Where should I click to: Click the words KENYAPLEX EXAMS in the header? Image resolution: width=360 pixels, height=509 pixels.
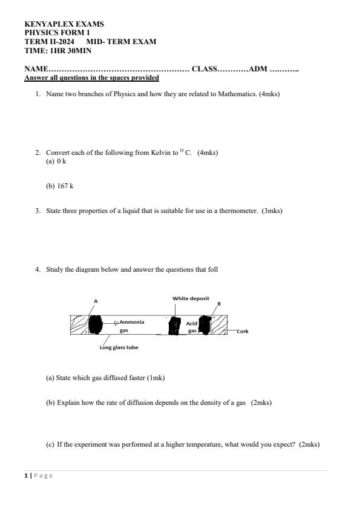[64, 24]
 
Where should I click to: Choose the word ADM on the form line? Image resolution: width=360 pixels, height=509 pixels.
[258, 69]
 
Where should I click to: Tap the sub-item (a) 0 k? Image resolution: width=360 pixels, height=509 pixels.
[56, 162]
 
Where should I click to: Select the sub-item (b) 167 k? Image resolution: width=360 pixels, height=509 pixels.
[59, 186]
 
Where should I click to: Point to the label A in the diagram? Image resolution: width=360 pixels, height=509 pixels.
[96, 301]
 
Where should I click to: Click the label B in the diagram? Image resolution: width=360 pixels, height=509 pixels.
[219, 303]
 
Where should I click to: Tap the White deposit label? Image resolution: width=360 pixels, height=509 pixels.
[191, 298]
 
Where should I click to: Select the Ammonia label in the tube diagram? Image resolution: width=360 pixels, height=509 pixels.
[132, 322]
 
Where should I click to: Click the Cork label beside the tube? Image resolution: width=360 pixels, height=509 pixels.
[242, 332]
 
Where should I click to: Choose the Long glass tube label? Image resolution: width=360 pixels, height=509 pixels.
[119, 347]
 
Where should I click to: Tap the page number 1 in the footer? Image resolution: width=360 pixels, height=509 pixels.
[26, 476]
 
